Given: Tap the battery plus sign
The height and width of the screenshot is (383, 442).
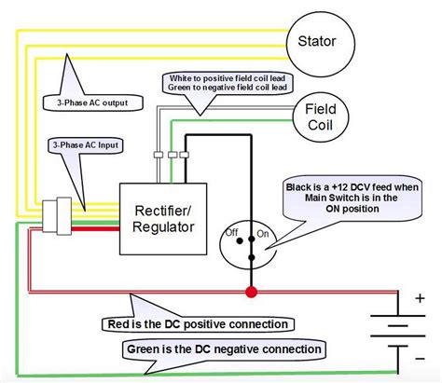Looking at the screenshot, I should pyautogui.click(x=420, y=299).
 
